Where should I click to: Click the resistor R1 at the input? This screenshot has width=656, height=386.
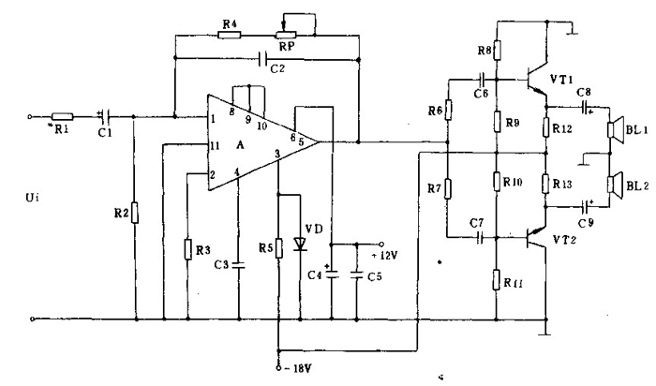[63, 117]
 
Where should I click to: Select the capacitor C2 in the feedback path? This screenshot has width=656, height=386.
[263, 59]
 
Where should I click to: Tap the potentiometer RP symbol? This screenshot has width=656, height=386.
[285, 35]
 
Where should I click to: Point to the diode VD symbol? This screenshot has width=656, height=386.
[300, 244]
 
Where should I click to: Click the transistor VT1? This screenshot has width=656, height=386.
[536, 80]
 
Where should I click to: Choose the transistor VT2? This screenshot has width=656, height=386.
[536, 238]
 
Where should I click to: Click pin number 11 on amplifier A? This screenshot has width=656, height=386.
[215, 146]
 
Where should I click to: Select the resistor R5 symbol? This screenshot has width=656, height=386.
[278, 247]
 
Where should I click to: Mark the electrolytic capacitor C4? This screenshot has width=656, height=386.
[332, 275]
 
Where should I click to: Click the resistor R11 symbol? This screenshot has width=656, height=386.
[496, 280]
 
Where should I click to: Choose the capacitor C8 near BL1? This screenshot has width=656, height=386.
[585, 107]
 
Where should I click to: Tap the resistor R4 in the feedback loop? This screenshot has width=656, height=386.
[230, 35]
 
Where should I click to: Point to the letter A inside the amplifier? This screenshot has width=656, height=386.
[240, 145]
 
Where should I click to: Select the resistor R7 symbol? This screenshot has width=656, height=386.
[447, 188]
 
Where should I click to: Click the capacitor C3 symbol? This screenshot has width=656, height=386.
[239, 265]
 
